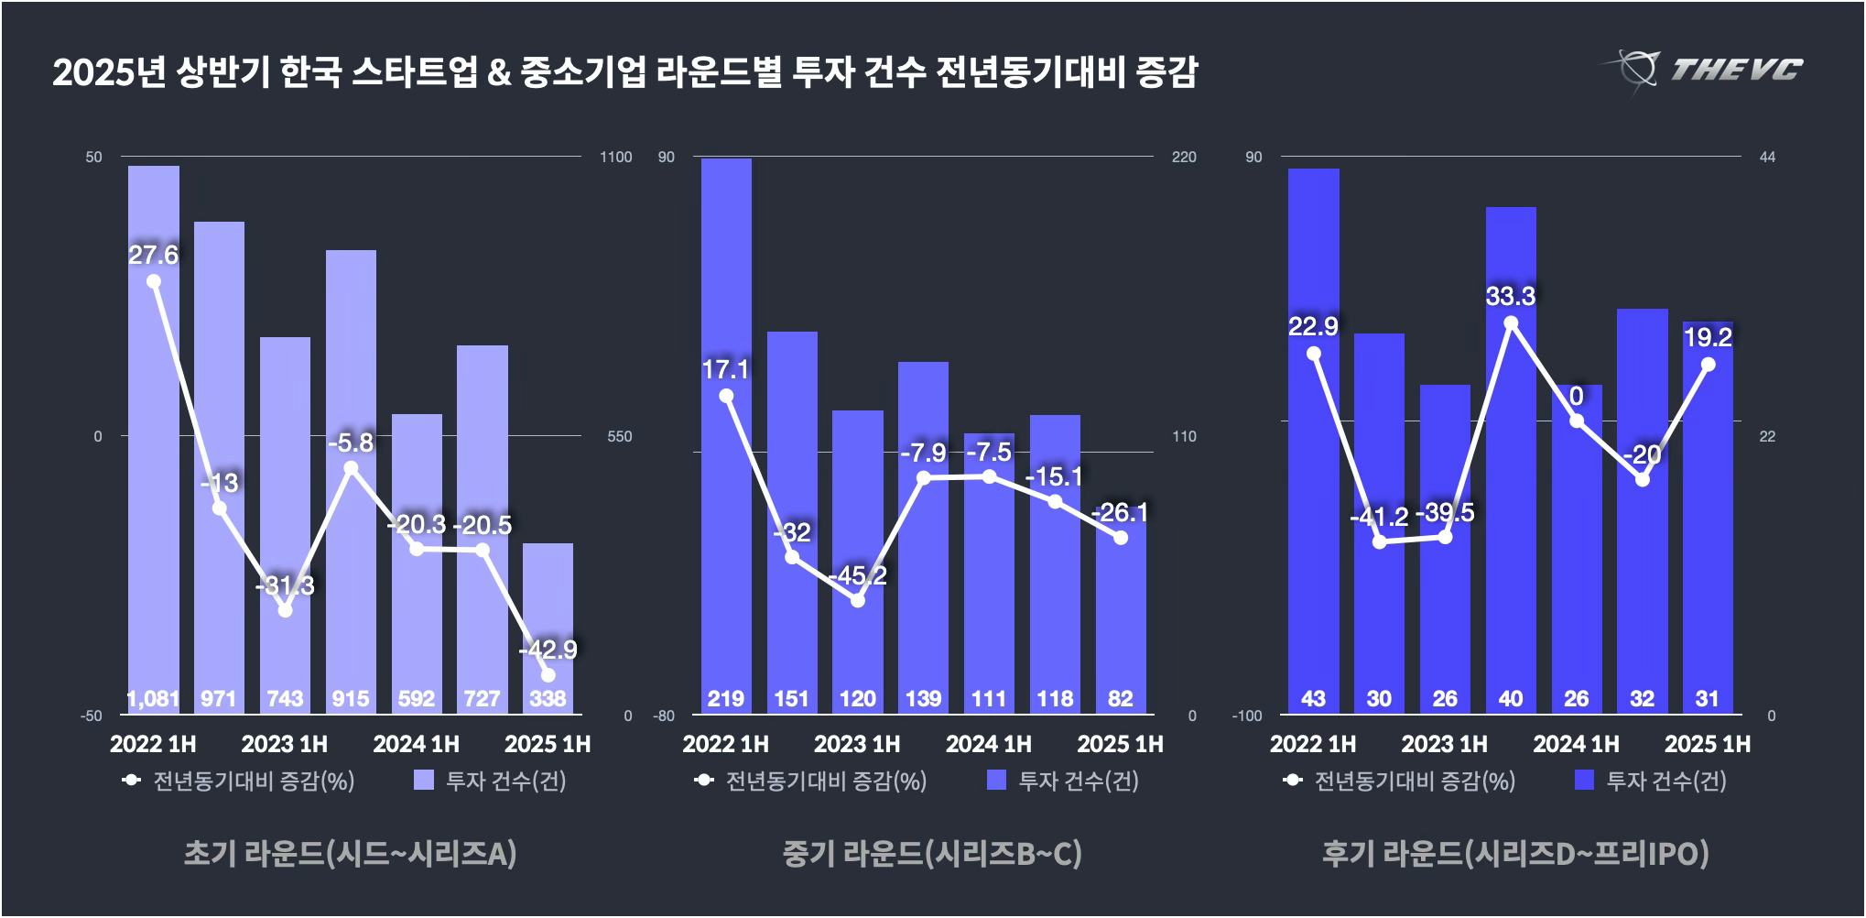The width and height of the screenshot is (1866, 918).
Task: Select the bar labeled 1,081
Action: [154, 440]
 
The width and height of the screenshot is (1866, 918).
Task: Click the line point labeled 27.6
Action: [154, 281]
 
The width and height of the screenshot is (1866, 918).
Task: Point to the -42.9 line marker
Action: [548, 675]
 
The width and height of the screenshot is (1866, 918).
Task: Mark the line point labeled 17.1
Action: [726, 396]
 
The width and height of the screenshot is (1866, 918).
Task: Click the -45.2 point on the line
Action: [858, 600]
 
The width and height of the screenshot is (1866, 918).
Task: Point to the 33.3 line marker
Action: [1511, 323]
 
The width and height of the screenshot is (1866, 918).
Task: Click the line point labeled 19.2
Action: [1708, 365]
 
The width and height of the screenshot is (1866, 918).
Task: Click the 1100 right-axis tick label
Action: [615, 158]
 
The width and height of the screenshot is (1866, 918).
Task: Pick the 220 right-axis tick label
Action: [1184, 158]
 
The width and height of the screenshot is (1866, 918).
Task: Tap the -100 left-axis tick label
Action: [1246, 716]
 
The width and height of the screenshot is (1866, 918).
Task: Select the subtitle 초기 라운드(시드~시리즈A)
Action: [351, 854]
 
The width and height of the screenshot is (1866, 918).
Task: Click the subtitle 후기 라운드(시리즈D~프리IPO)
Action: [1515, 854]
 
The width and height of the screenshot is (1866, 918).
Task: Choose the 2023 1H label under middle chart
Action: [857, 744]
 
